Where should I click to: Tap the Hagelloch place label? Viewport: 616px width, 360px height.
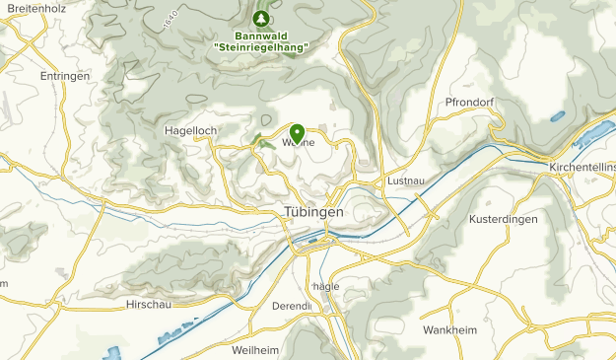[190, 129]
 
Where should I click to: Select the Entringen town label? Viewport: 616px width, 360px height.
[65, 76]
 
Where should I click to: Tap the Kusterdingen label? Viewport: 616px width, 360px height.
[504, 219]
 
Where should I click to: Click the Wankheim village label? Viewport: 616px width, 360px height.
[448, 329]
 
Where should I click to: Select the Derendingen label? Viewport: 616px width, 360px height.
[292, 306]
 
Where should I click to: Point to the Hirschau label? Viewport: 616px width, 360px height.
[150, 306]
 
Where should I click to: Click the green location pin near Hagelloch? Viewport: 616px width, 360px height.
[297, 132]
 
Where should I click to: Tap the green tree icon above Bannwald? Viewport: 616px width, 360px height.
[260, 19]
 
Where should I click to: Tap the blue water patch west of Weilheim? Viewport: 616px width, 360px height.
[113, 352]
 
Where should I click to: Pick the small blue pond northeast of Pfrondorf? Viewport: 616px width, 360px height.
[559, 115]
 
